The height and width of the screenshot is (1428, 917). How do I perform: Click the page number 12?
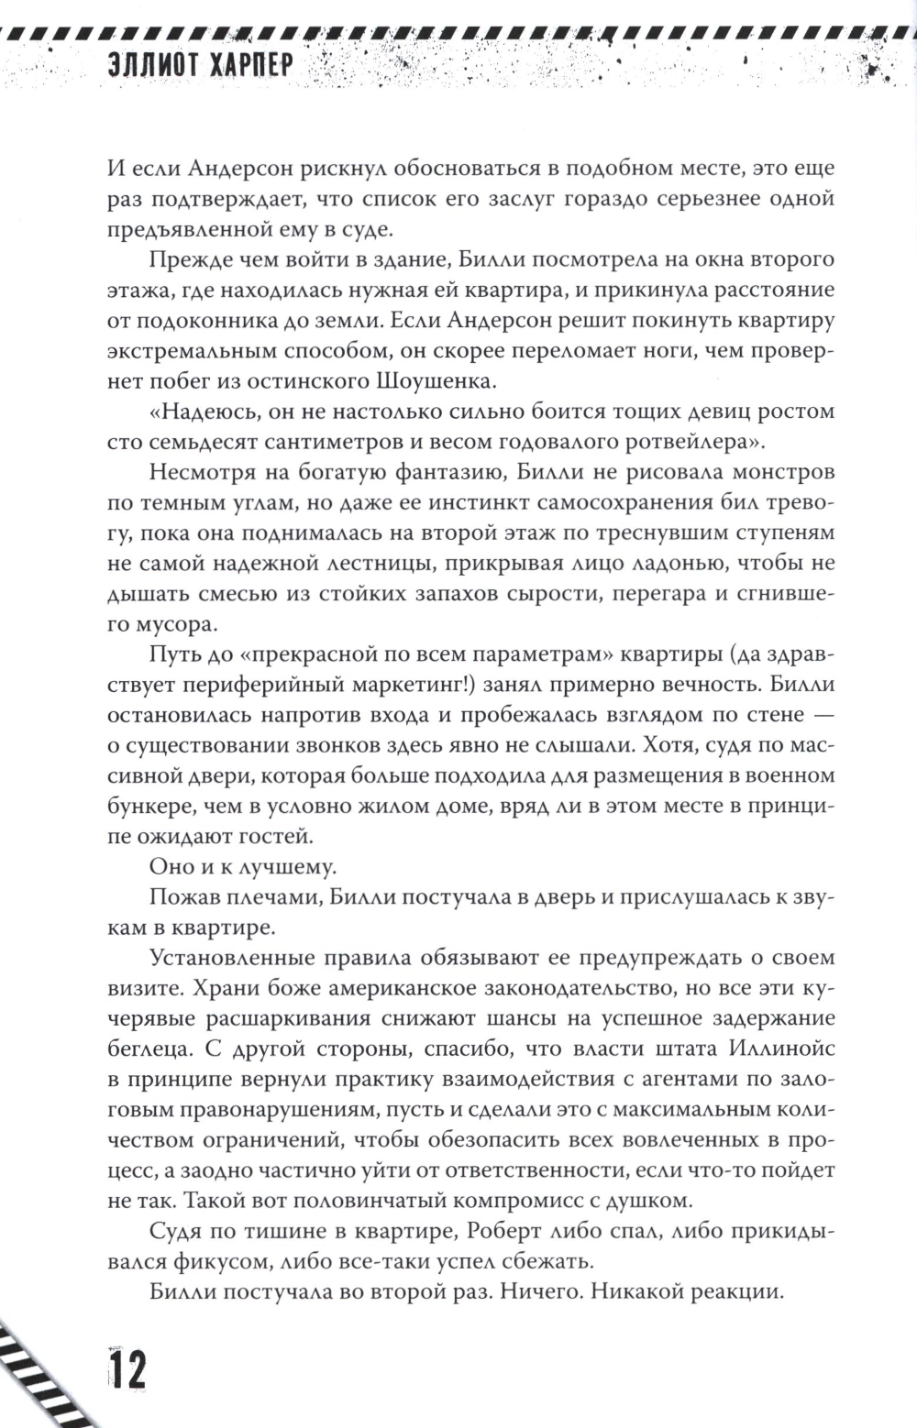point(127,1373)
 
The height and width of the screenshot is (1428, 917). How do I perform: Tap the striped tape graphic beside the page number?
point(41,1370)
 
